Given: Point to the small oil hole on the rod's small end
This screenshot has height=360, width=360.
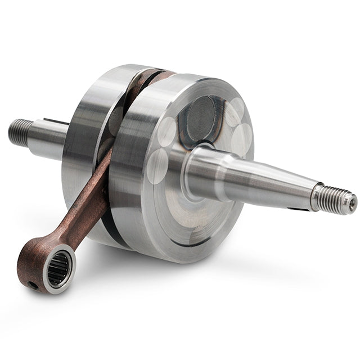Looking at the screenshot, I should (x=34, y=285).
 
